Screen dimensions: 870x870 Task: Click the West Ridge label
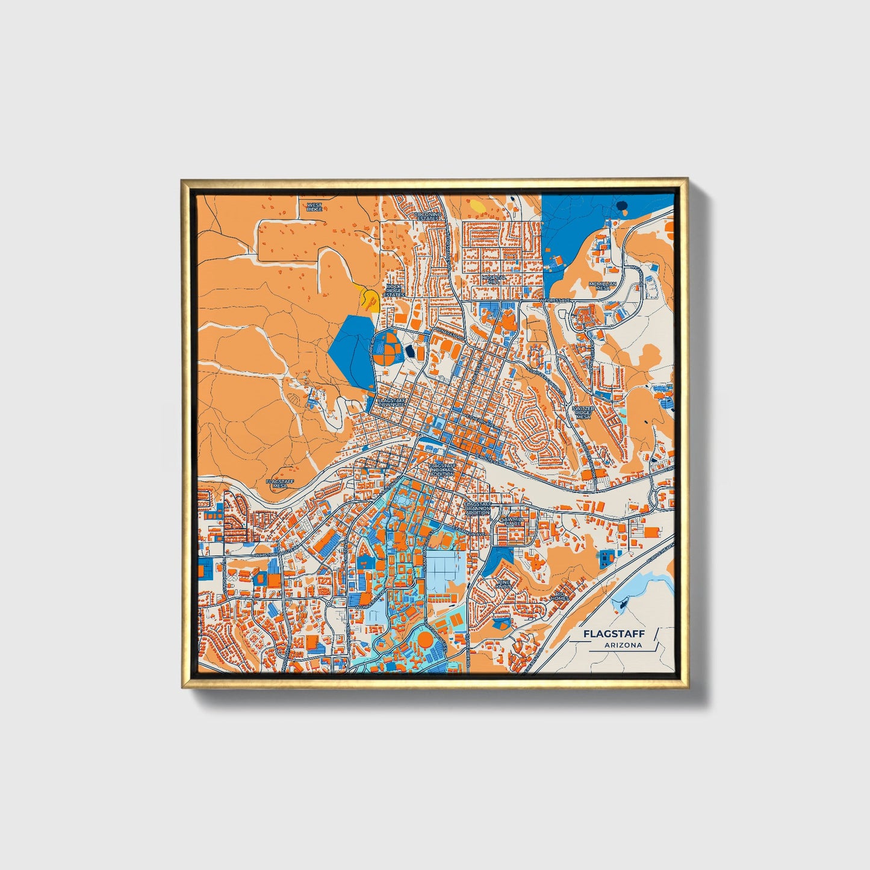(x=314, y=207)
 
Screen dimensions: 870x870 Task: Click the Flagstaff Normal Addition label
(x=443, y=470)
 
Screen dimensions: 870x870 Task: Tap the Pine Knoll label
(x=503, y=584)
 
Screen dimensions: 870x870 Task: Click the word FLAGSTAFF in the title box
(x=614, y=633)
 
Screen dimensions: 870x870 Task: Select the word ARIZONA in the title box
(x=624, y=645)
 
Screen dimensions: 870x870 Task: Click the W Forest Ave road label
(x=555, y=299)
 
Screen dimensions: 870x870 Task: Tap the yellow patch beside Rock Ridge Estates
(x=369, y=299)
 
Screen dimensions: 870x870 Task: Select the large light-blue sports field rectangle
(x=446, y=568)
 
